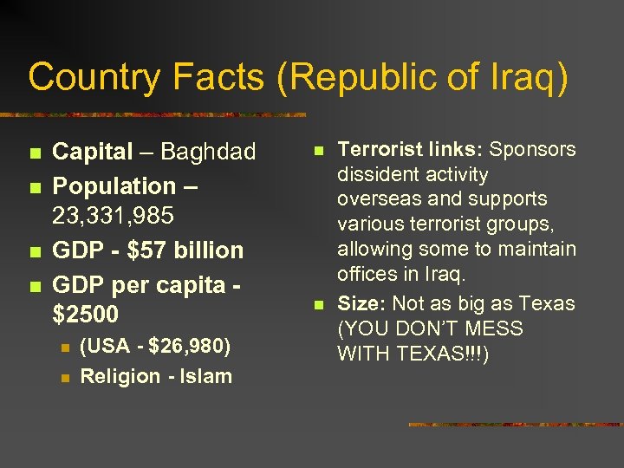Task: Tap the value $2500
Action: [86, 313]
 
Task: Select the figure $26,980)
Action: [192, 347]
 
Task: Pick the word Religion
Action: [120, 376]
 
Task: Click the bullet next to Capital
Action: [34, 154]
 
